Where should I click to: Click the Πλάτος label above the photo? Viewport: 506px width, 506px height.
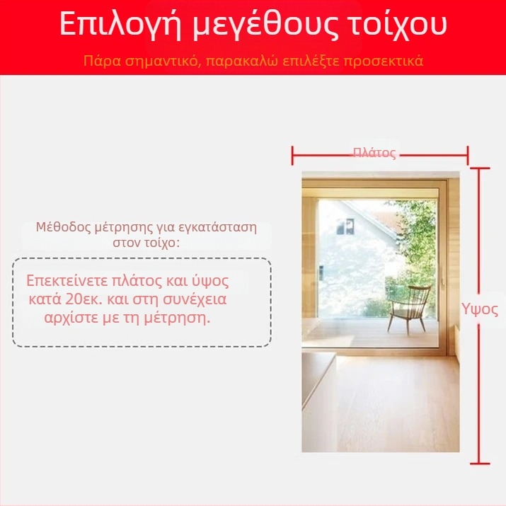pyautogui.click(x=374, y=152)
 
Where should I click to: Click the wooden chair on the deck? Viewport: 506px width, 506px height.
pyautogui.click(x=409, y=309)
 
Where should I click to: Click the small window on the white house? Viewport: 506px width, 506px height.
pyautogui.click(x=345, y=226)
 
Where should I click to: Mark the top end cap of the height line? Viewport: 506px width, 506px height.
pyautogui.click(x=480, y=168)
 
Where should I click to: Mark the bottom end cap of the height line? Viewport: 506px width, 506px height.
pyautogui.click(x=480, y=463)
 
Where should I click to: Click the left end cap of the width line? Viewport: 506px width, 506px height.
pyautogui.click(x=293, y=153)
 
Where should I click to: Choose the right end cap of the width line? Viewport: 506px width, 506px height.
pyautogui.click(x=468, y=153)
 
